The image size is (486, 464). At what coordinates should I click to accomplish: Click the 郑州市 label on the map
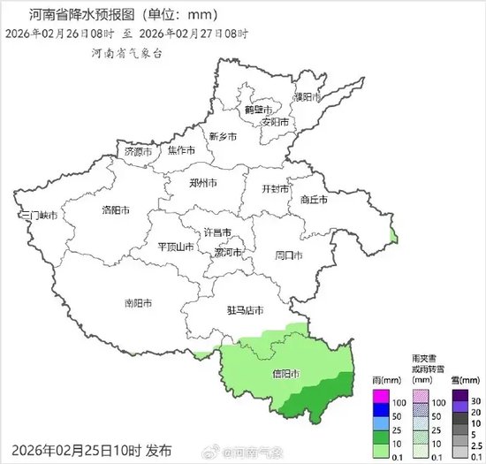pyautogui.click(x=203, y=184)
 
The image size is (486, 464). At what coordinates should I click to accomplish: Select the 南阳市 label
pyautogui.click(x=137, y=302)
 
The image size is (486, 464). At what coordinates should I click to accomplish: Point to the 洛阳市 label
pyautogui.click(x=116, y=210)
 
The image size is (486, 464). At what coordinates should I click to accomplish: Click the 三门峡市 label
pyautogui.click(x=38, y=216)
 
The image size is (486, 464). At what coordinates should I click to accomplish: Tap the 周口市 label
pyautogui.click(x=288, y=255)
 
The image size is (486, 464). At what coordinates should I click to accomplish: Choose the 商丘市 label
pyautogui.click(x=314, y=200)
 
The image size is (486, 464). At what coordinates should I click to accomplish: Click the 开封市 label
pyautogui.click(x=276, y=189)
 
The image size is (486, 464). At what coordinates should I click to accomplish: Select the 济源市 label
pyautogui.click(x=138, y=152)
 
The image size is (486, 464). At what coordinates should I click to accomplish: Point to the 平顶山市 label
pyautogui.click(x=175, y=247)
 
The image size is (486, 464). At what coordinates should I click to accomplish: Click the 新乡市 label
pyautogui.click(x=222, y=137)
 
